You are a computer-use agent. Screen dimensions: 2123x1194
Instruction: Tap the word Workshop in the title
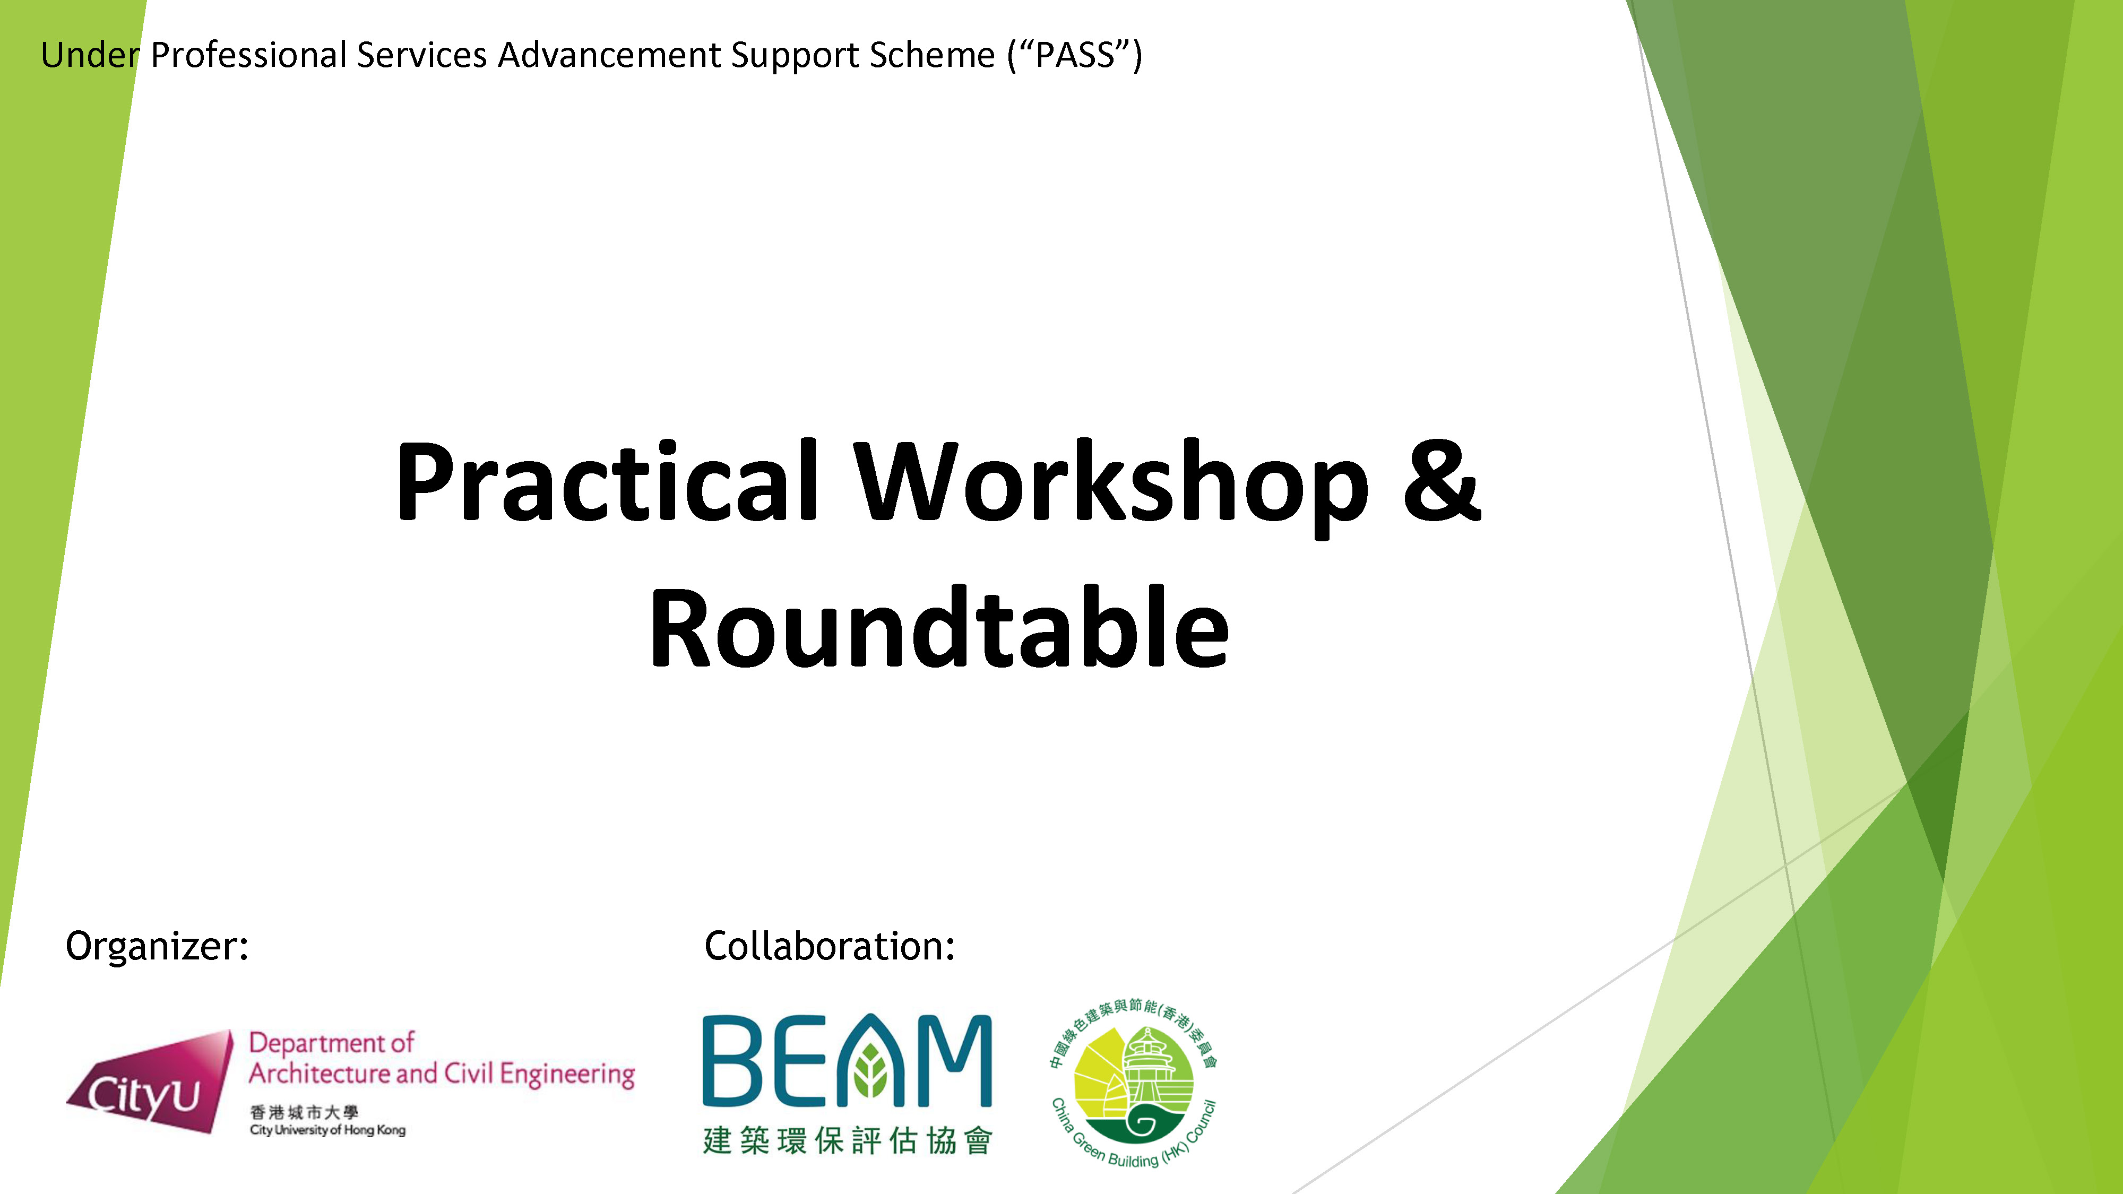[1109, 488]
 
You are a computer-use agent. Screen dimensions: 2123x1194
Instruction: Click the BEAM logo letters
[847, 1060]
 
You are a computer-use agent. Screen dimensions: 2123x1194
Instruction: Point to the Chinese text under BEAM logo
[847, 1141]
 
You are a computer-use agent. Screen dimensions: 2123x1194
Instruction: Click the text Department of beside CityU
[331, 1043]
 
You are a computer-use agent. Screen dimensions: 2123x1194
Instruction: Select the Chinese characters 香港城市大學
[304, 1112]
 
